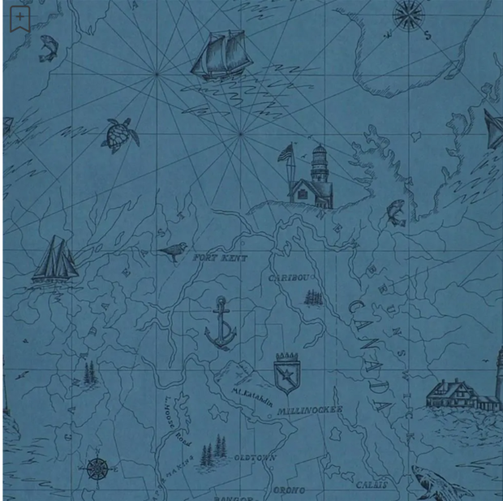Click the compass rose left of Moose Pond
tap(97, 469)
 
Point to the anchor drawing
tap(220, 322)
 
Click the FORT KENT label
tap(220, 257)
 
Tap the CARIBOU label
tap(290, 278)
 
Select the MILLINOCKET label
tap(309, 411)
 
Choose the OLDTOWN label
tap(255, 458)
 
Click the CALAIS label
tap(371, 485)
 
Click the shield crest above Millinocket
tap(286, 373)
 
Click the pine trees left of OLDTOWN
tap(214, 451)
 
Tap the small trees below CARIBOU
tap(313, 297)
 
